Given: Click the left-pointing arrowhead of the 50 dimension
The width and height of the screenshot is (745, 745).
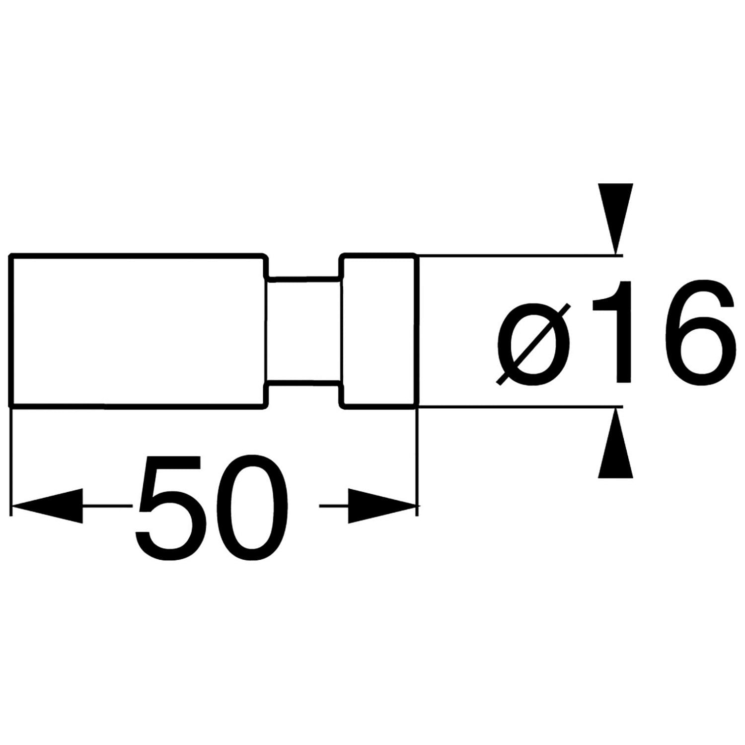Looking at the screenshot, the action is click(x=47, y=506).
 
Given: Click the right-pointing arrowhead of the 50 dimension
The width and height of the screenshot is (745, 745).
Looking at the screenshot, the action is click(x=381, y=506).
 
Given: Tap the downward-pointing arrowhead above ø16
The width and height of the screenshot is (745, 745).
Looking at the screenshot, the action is click(x=616, y=219).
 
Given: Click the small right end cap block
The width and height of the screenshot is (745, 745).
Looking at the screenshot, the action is click(x=378, y=331).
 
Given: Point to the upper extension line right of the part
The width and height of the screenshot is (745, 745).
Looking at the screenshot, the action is click(x=519, y=256).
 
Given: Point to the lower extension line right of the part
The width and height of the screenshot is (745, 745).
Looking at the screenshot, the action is click(x=519, y=407).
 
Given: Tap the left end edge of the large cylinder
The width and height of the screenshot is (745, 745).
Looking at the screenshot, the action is click(x=11, y=331).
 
